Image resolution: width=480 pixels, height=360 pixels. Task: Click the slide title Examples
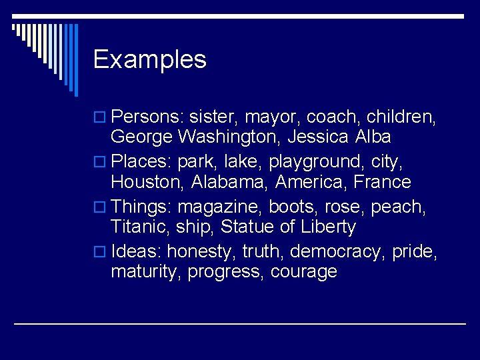pyautogui.click(x=149, y=60)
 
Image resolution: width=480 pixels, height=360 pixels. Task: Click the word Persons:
pyautogui.click(x=147, y=118)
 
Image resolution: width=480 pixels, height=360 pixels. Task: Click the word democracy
pyautogui.click(x=328, y=252)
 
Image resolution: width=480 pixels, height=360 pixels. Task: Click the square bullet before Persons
pyautogui.click(x=99, y=119)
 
